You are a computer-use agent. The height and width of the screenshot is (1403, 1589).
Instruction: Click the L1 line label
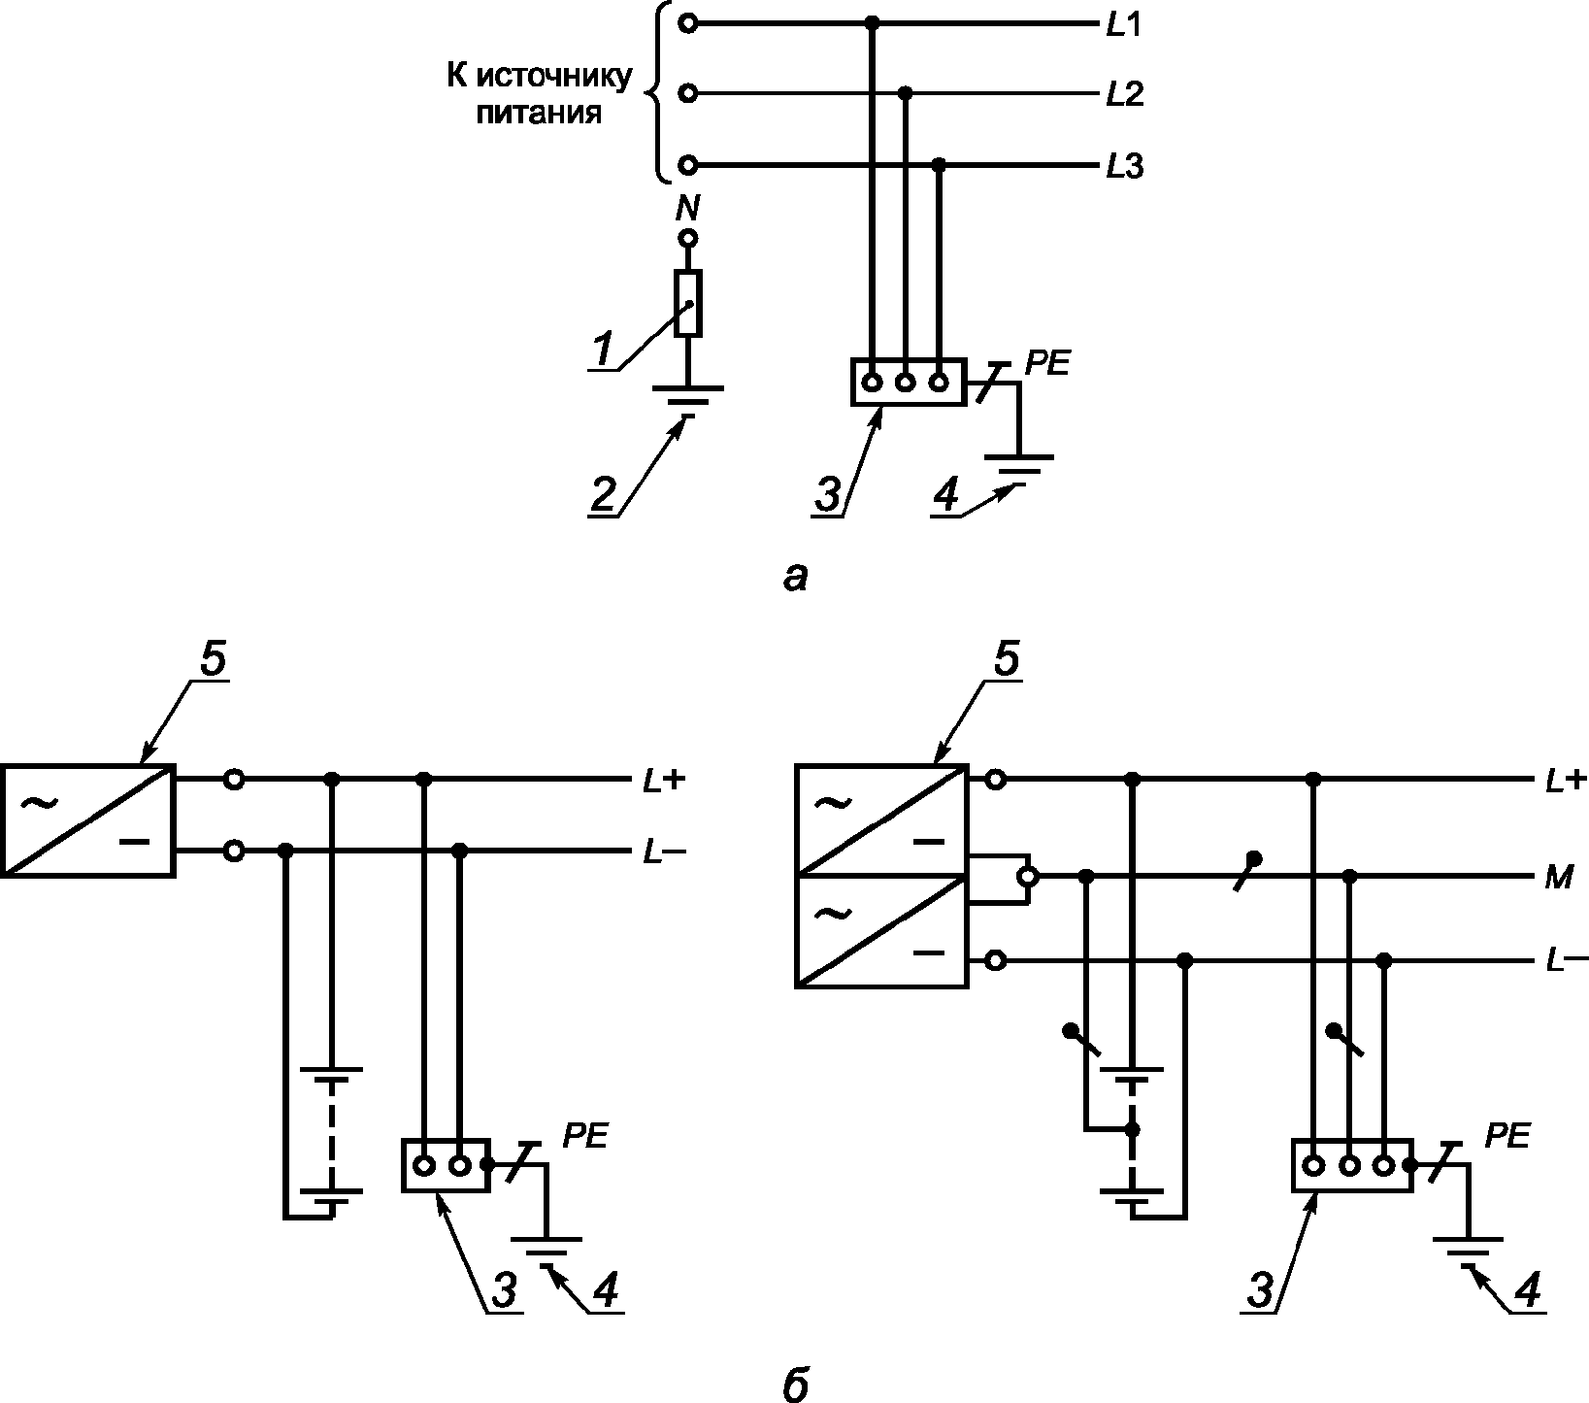(x=1123, y=26)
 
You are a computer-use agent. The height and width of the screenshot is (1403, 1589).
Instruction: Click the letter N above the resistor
(x=688, y=209)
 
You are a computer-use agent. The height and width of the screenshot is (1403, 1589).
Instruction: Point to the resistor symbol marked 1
(x=688, y=304)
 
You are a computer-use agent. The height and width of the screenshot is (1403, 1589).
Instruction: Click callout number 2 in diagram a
(x=603, y=495)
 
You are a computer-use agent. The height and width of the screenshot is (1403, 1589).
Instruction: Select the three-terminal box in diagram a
(x=908, y=383)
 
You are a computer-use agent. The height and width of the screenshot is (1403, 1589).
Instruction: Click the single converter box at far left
(x=88, y=820)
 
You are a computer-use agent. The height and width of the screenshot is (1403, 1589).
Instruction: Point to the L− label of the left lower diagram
(x=664, y=852)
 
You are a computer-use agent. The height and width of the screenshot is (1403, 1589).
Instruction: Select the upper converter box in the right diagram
(x=882, y=820)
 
